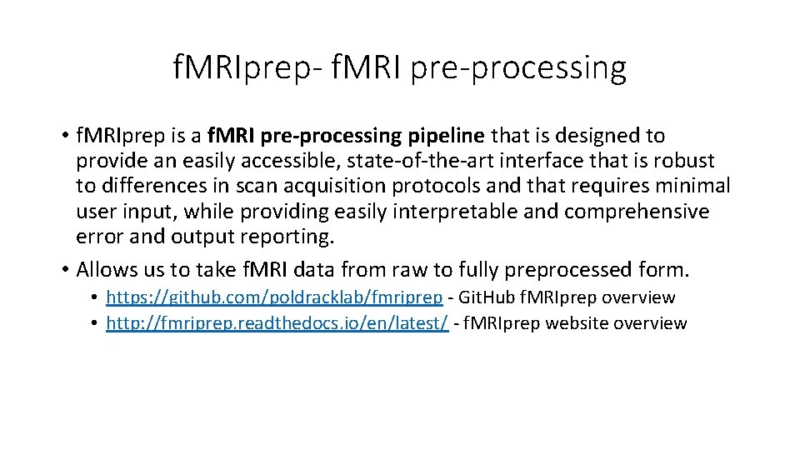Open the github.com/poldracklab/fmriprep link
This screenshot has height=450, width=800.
coord(274,297)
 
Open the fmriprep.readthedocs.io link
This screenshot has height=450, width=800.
coord(277,323)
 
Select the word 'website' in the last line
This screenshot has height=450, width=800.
coord(567,323)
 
